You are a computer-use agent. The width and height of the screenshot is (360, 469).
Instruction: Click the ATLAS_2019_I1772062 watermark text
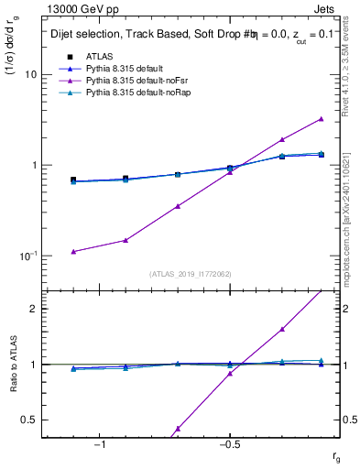click(x=190, y=273)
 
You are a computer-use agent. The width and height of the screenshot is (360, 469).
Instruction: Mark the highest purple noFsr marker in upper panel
click(x=321, y=118)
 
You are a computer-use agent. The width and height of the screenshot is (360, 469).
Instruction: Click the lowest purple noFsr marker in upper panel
click(x=73, y=251)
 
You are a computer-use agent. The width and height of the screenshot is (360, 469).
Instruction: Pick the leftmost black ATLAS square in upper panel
click(x=73, y=180)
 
